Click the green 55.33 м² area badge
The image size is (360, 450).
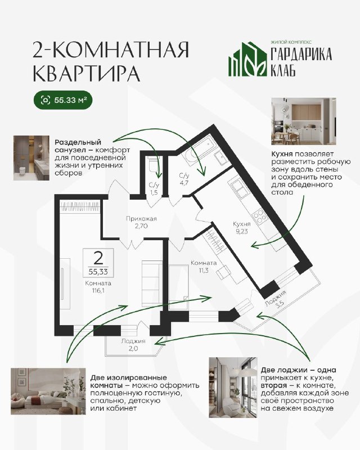[63, 101]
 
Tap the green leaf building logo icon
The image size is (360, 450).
[247, 59]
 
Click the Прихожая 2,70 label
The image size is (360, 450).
[141, 222]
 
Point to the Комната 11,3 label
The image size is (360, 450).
[204, 266]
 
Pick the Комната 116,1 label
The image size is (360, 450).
[98, 287]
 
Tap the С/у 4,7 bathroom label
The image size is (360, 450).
[184, 178]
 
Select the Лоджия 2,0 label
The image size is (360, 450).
[133, 345]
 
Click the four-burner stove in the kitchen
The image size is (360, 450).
[258, 216]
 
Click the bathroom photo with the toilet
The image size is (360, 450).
[31, 158]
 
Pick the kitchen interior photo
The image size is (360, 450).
[304, 121]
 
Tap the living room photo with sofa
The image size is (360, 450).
[48, 391]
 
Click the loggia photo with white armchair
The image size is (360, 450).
[233, 387]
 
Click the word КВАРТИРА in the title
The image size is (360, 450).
[87, 73]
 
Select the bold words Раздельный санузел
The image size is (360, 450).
[78, 146]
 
